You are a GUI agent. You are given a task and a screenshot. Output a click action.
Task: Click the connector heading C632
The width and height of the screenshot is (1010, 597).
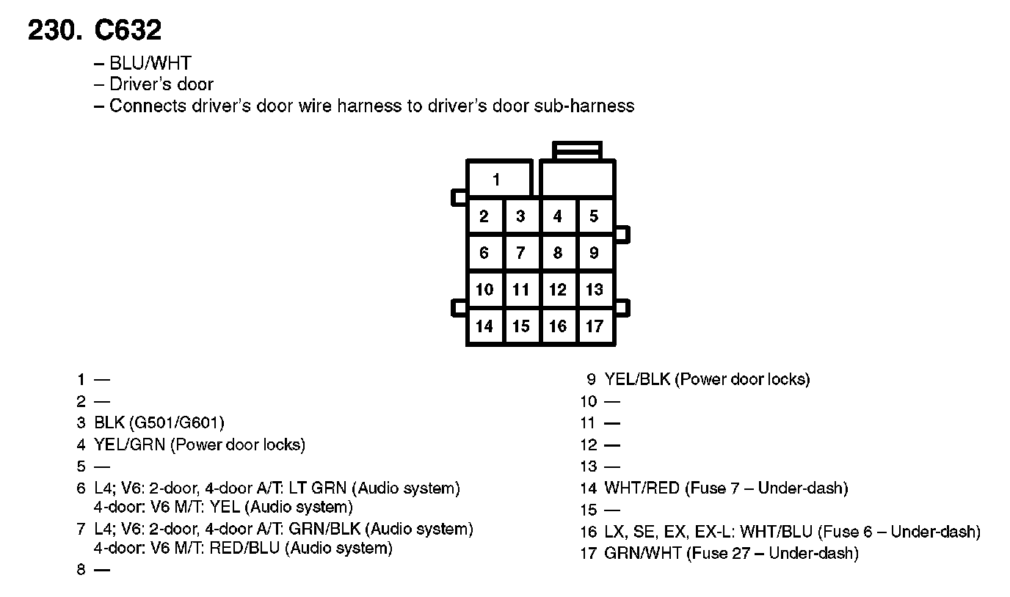pyautogui.click(x=128, y=30)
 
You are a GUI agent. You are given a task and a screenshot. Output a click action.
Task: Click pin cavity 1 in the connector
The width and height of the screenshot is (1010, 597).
pyautogui.click(x=498, y=180)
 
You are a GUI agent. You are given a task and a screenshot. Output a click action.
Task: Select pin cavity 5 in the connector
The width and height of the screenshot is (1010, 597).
pyautogui.click(x=595, y=216)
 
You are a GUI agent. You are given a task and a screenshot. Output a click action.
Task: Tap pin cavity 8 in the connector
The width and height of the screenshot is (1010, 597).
pyautogui.click(x=558, y=253)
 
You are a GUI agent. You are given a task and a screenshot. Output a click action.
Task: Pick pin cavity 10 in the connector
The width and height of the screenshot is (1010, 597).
pyautogui.click(x=484, y=290)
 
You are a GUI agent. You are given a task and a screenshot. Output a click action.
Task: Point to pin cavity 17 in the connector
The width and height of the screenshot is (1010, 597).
pyautogui.click(x=595, y=326)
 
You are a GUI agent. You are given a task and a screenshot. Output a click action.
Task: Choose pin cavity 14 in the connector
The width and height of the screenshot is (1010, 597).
pyautogui.click(x=484, y=326)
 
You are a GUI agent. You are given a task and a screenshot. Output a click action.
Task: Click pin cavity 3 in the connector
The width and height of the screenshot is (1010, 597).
pyautogui.click(x=521, y=216)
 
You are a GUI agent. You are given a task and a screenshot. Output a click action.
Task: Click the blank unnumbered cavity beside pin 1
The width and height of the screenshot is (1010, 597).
pyautogui.click(x=577, y=180)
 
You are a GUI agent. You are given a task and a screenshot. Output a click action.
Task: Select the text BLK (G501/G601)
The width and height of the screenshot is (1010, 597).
pyautogui.click(x=159, y=422)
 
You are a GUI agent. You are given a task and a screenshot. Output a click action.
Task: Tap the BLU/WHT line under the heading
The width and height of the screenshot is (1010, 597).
pyautogui.click(x=150, y=63)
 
